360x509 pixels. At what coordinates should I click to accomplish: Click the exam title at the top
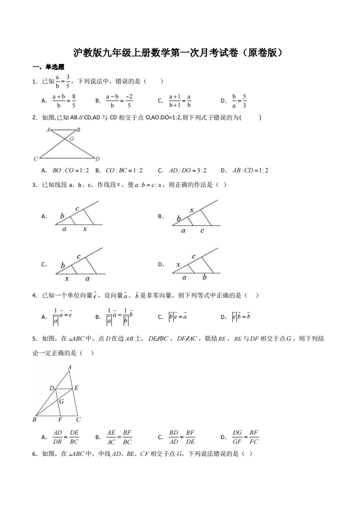tap(180, 53)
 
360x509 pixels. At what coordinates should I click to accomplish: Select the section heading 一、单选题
tap(49, 67)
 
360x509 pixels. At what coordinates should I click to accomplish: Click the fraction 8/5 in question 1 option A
tap(73, 101)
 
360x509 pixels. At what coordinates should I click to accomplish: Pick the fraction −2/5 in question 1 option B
tap(129, 101)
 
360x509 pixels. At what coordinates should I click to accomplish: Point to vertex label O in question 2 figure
tap(72, 139)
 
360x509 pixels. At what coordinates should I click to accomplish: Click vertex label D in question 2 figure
tap(98, 159)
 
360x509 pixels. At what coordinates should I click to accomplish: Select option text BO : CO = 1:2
tap(71, 171)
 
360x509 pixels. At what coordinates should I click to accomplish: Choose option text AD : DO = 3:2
tap(187, 171)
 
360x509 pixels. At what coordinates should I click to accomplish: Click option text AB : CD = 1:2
tap(250, 171)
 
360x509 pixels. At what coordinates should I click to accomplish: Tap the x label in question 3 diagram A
tap(85, 230)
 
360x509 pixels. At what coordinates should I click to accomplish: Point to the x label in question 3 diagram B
tap(192, 210)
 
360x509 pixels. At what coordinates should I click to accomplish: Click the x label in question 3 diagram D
tap(178, 264)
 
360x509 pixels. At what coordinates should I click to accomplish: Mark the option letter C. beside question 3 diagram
tap(44, 264)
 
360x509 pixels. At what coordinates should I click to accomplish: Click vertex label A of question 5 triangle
tap(69, 367)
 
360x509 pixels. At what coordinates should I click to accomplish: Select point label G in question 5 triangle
tap(61, 401)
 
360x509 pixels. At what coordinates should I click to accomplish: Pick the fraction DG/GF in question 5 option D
tap(237, 437)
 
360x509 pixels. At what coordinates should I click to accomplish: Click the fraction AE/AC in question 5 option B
tap(111, 437)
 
